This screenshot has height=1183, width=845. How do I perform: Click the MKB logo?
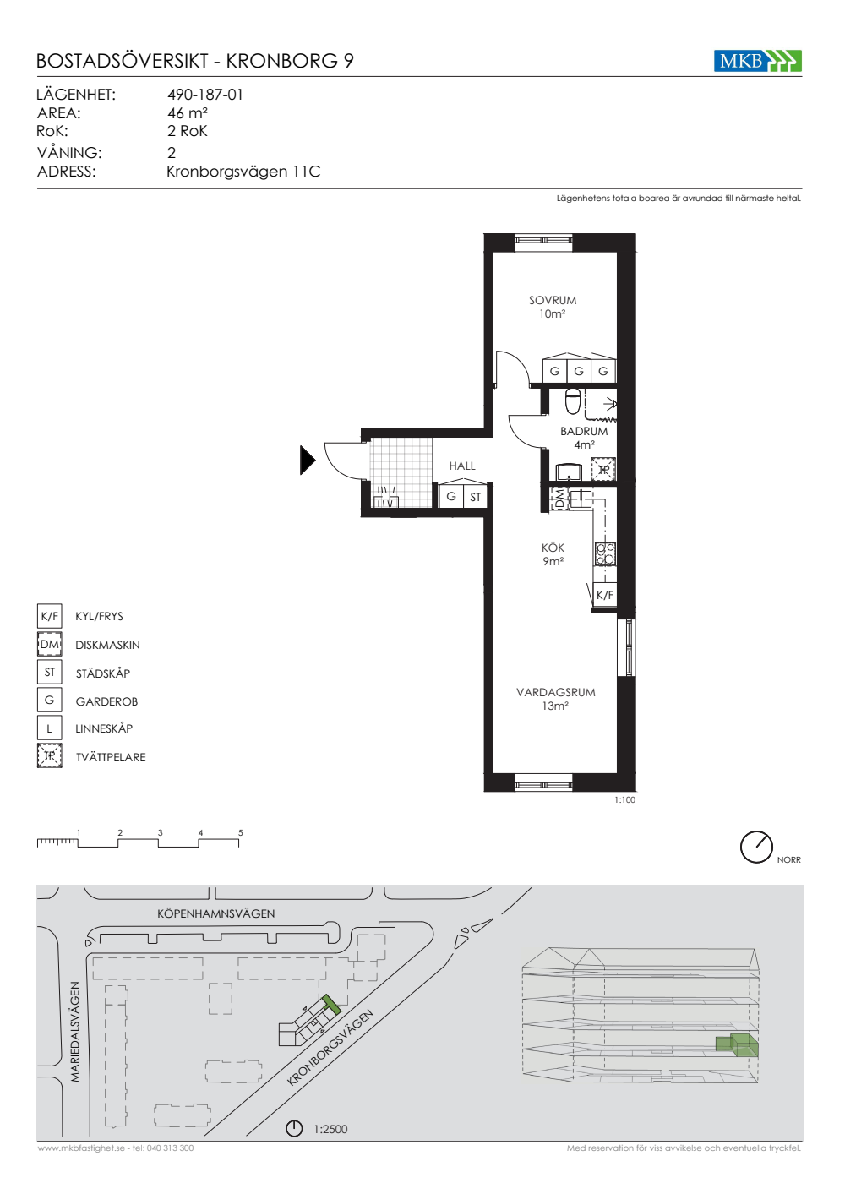pos(757,61)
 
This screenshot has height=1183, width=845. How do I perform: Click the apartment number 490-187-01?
pos(205,95)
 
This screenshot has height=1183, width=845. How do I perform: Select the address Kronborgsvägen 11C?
pos(243,172)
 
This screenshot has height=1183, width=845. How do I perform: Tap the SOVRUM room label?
pos(553,300)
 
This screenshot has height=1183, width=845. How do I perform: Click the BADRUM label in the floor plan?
pos(584,431)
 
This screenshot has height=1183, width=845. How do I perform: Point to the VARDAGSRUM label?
pos(556,692)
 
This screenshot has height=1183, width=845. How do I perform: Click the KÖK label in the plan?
pos(553,548)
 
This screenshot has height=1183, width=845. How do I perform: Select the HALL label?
pos(462,466)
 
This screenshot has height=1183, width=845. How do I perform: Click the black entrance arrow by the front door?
pos(308,460)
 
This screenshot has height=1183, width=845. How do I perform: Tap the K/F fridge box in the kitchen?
pos(605,595)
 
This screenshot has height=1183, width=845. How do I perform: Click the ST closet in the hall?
pos(475,497)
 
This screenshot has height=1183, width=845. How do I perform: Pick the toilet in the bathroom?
pos(573,401)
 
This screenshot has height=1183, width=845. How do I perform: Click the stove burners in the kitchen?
pos(605,553)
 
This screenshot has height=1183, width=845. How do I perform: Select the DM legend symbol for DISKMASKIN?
pos(50,644)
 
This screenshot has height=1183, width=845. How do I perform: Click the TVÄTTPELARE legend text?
pos(111,757)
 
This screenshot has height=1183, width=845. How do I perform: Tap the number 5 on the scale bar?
pos(240,832)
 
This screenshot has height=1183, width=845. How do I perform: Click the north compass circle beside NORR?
pos(756,847)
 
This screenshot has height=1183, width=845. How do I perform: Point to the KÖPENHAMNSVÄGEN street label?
pos(216,913)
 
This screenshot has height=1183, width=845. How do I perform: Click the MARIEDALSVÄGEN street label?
pos(75,1032)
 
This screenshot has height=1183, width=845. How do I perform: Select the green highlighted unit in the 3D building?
pos(737,1045)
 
